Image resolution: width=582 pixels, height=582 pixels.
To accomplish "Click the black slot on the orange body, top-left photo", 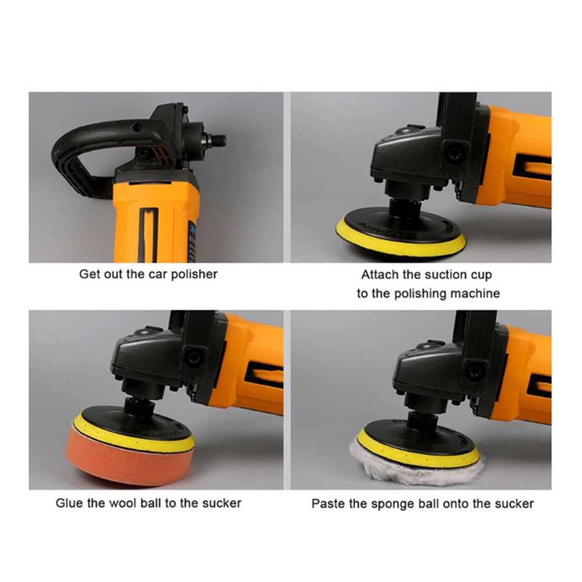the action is click(x=148, y=235).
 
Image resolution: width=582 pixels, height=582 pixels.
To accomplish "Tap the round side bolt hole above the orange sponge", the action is click(x=194, y=358).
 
